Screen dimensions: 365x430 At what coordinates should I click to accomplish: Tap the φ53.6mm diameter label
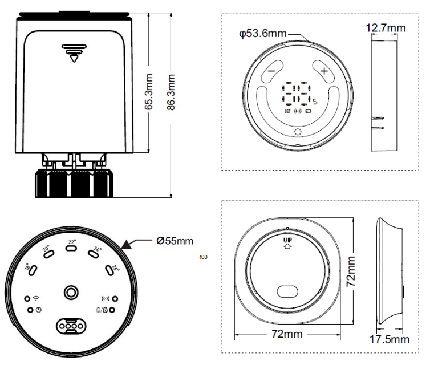(263, 34)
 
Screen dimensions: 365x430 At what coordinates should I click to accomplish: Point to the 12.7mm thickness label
(386, 27)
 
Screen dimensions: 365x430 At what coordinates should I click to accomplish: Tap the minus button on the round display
(271, 72)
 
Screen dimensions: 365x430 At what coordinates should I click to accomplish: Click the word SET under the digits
(288, 112)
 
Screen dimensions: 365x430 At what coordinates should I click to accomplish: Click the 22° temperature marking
(72, 242)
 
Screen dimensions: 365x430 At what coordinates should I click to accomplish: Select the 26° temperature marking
(116, 267)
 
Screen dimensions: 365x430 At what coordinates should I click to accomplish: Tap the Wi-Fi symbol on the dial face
(36, 298)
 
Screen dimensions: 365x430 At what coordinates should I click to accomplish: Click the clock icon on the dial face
(38, 310)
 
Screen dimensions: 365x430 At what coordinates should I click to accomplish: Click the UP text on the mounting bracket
(287, 241)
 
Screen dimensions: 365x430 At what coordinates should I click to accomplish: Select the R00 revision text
(202, 257)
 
